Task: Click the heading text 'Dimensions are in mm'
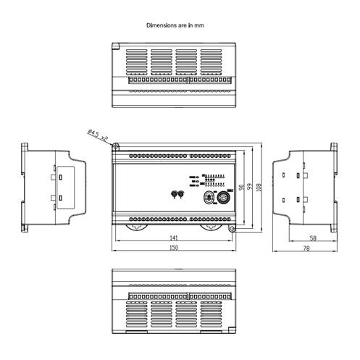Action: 175,25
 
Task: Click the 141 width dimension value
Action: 174,238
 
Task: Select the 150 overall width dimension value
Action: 174,248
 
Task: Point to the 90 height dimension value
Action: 241,187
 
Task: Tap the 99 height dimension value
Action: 251,186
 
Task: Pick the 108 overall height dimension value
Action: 259,187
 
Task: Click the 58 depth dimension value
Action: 313,238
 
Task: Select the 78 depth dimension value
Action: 306,248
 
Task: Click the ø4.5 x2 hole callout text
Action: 98,135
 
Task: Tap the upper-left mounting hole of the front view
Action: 115,146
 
